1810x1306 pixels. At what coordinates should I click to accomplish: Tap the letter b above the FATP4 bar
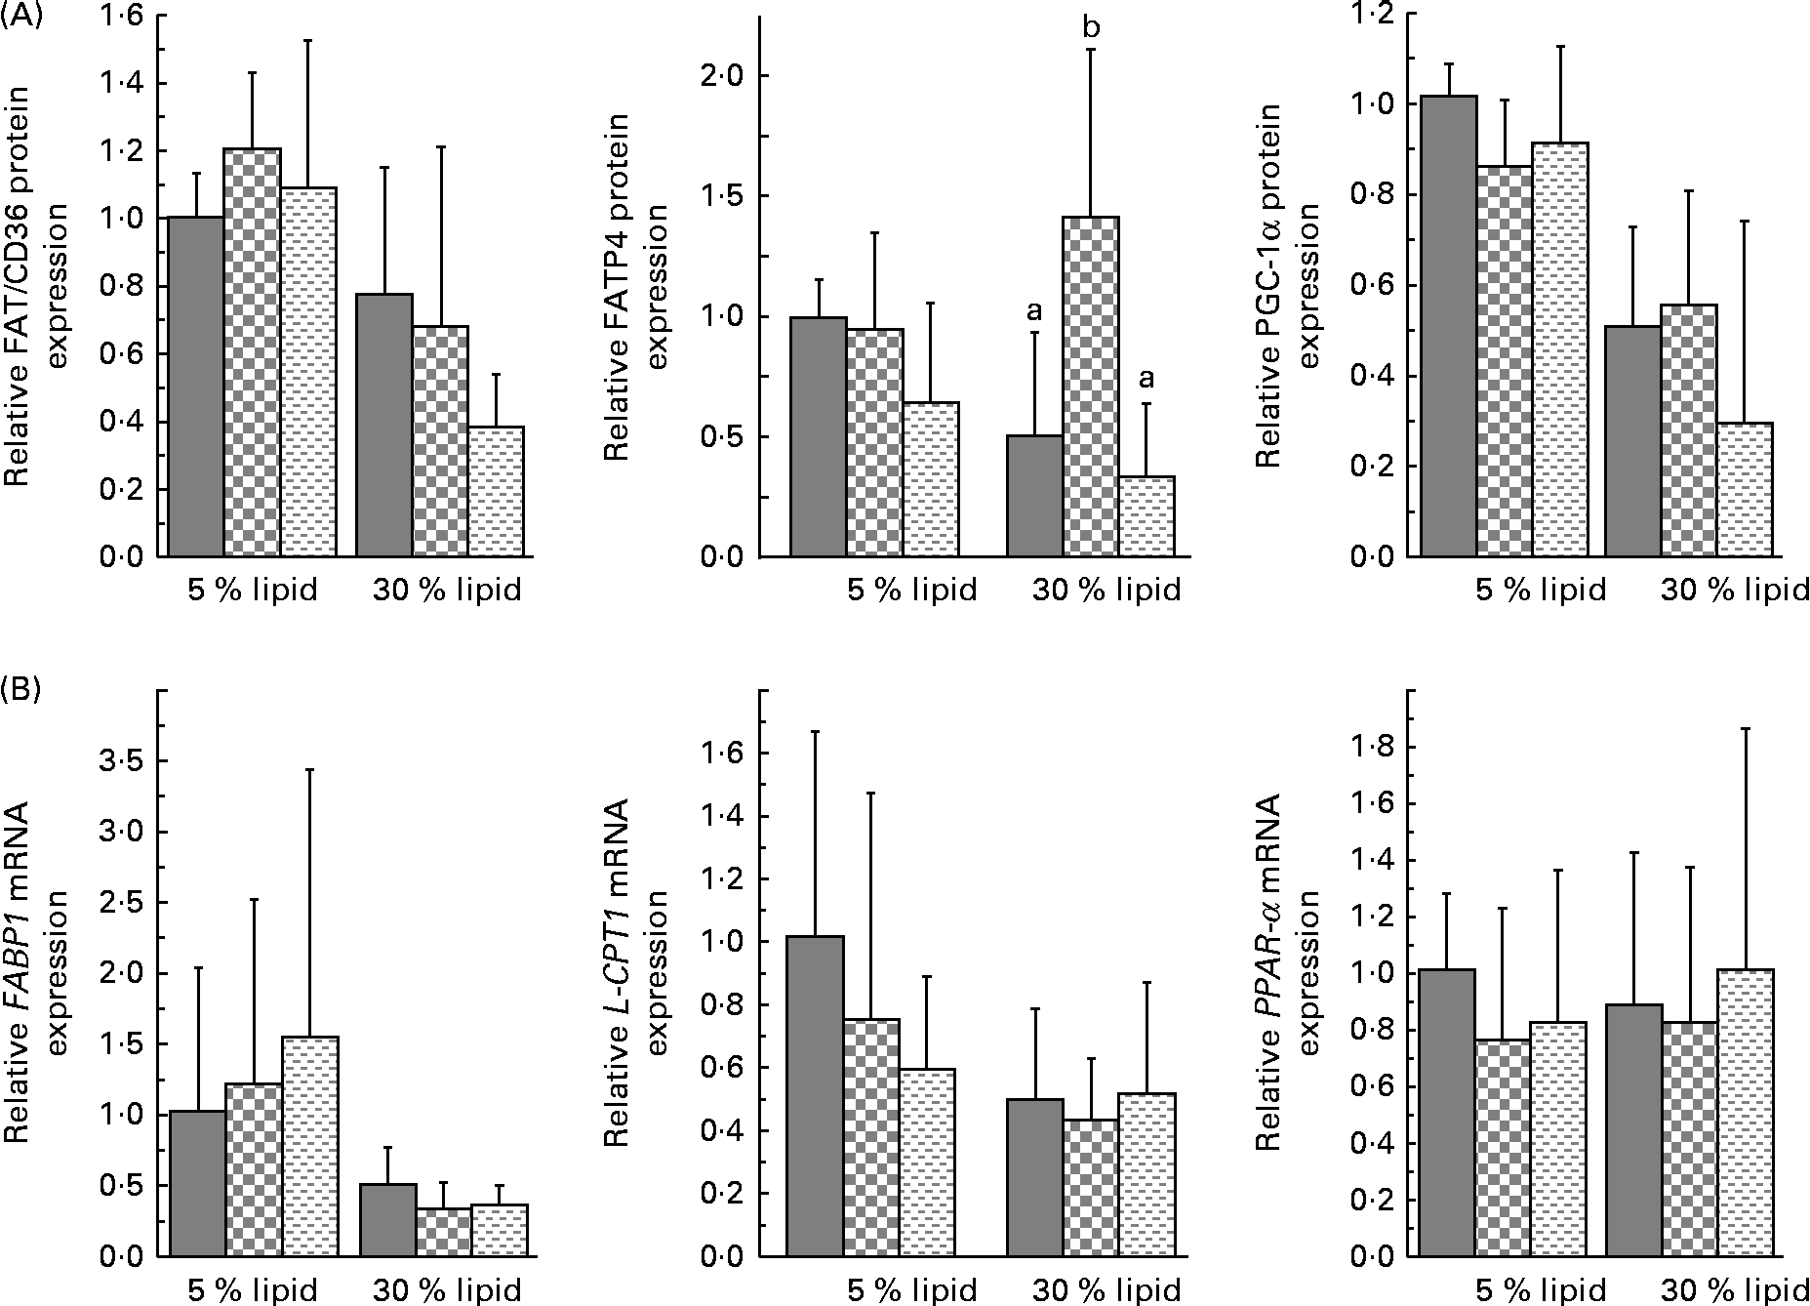1091,27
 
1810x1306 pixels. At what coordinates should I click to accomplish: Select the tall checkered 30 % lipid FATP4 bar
1091,387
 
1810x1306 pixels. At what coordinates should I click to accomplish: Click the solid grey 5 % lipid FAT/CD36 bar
197,387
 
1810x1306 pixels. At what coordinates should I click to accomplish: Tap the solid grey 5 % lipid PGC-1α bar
1449,326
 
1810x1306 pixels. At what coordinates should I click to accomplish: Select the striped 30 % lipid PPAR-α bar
1746,1113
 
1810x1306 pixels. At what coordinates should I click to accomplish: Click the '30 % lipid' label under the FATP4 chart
1106,590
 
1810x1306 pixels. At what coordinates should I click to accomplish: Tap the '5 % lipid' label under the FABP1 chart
253,1290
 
